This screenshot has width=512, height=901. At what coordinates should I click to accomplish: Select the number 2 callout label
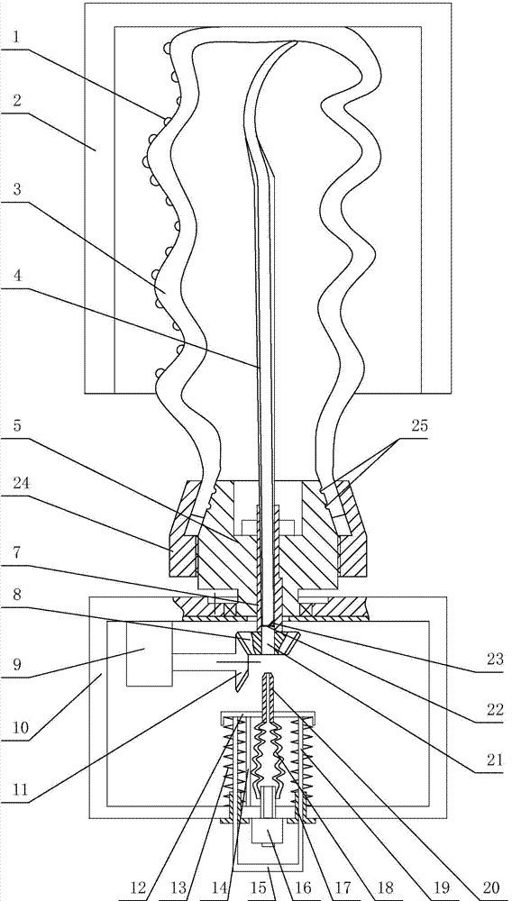[x=17, y=102]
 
